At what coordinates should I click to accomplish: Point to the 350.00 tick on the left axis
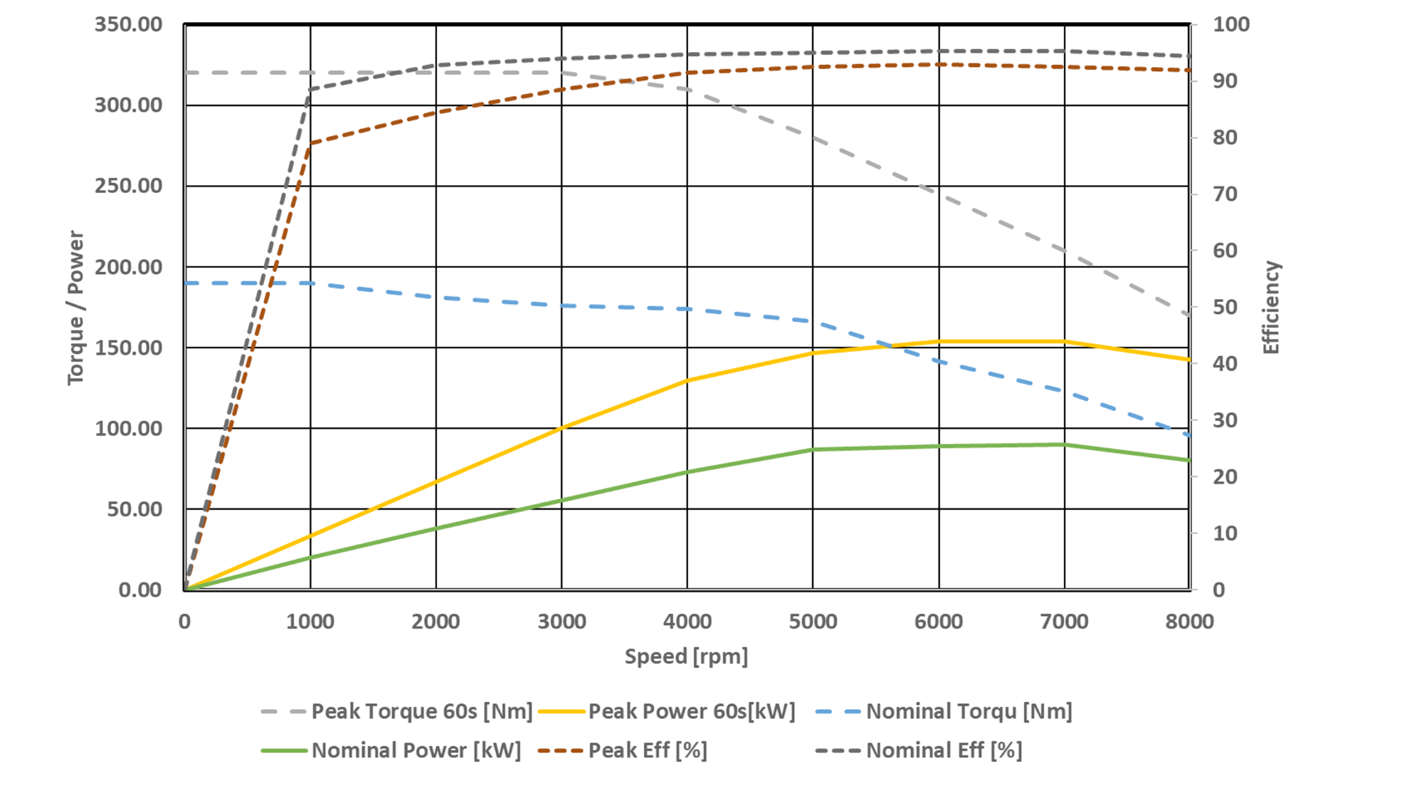pos(129,25)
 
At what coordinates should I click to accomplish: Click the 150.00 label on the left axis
pos(129,348)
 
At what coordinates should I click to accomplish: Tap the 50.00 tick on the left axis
pos(135,510)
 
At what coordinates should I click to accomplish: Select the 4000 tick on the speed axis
pos(687,622)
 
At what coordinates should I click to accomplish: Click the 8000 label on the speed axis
pos(1189,622)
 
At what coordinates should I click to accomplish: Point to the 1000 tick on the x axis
pos(310,622)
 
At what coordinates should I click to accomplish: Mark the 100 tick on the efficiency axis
pos(1231,25)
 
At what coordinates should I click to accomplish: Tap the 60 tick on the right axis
pos(1225,251)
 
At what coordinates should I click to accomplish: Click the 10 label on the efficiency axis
pos(1225,533)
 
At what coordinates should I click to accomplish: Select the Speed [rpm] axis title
pos(686,656)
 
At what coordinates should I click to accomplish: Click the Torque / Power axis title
pos(75,308)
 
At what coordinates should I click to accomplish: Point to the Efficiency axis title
pos(1271,308)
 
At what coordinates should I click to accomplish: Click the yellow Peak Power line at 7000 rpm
pos(1065,342)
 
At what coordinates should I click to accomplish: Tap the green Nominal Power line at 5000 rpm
pos(813,449)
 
